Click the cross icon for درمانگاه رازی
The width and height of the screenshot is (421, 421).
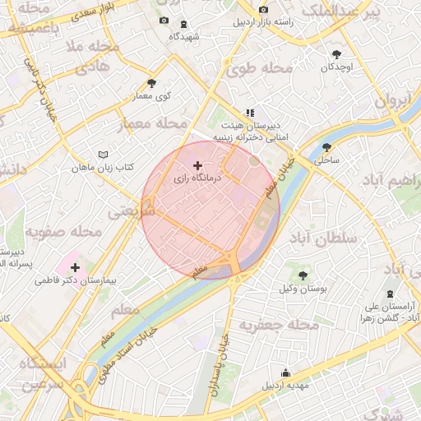(x=197, y=165)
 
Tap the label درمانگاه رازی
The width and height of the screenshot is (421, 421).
(x=197, y=178)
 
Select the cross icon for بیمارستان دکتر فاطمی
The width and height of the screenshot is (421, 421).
(x=76, y=267)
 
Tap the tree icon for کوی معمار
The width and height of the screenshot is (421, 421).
(x=151, y=83)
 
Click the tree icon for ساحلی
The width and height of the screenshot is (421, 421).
(x=327, y=148)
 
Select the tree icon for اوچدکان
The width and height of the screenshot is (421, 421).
(x=336, y=53)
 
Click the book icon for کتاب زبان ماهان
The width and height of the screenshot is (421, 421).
(x=103, y=155)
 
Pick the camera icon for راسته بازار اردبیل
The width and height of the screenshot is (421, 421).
(x=263, y=10)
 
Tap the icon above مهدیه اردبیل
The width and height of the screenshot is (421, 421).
(x=285, y=372)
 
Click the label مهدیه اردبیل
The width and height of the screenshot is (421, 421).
(x=285, y=385)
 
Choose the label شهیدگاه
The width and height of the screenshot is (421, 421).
(x=183, y=36)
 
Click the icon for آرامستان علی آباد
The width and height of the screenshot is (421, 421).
(x=390, y=295)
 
